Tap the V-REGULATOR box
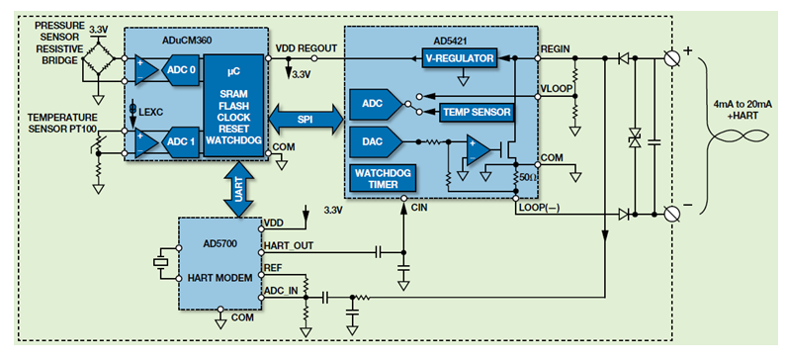[x=460, y=58]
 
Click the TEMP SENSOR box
[x=477, y=112]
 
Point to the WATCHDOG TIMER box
[x=383, y=178]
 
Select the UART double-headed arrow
[x=240, y=190]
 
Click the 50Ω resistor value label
[x=526, y=176]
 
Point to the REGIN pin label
[x=555, y=49]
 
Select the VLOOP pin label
[x=557, y=89]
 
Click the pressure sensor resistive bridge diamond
[x=99, y=58]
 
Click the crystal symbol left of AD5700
[x=161, y=262]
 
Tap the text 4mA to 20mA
[x=742, y=106]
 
